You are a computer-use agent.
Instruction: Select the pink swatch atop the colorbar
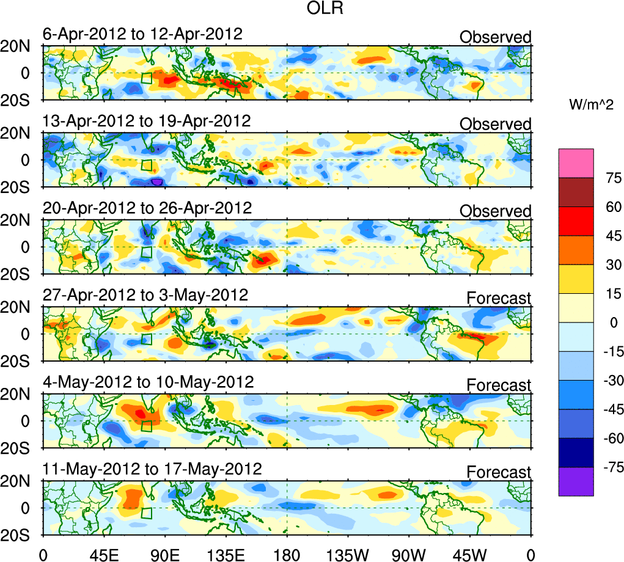pyautogui.click(x=576, y=162)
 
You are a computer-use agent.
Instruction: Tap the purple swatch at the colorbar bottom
pyautogui.click(x=576, y=481)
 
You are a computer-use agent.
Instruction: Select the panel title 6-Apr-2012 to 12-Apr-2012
pyautogui.click(x=142, y=34)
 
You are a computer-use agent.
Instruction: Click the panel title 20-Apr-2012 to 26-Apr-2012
pyautogui.click(x=147, y=208)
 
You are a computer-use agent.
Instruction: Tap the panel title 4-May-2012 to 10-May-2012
pyautogui.click(x=148, y=382)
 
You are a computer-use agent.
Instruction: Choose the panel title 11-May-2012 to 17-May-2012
pyautogui.click(x=152, y=469)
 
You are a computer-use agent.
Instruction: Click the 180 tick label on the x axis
pyautogui.click(x=287, y=554)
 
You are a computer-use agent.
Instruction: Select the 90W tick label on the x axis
pyautogui.click(x=409, y=554)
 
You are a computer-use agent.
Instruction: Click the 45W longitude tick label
pyautogui.click(x=470, y=554)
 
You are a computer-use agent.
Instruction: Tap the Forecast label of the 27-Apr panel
pyautogui.click(x=499, y=298)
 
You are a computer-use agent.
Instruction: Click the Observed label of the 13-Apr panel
pyautogui.click(x=495, y=124)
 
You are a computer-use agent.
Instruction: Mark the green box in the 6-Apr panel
pyautogui.click(x=146, y=78)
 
